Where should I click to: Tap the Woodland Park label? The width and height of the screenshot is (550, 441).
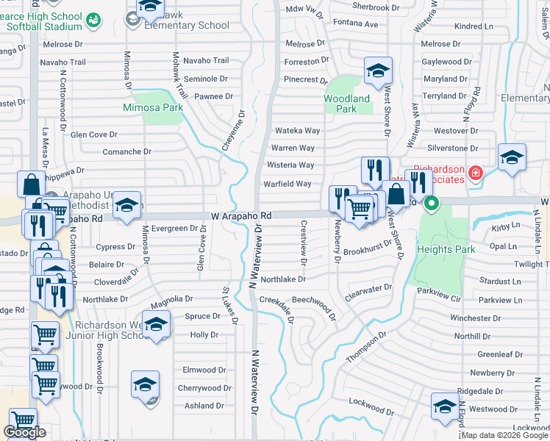click(x=347, y=104)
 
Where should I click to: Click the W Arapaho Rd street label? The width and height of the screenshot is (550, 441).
click(x=241, y=216)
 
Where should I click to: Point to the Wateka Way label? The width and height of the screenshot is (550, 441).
click(x=297, y=131)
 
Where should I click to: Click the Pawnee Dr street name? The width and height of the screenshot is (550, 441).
click(x=214, y=96)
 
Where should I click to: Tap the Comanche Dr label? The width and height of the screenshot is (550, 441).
click(x=126, y=152)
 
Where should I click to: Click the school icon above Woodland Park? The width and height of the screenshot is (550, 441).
click(x=378, y=71)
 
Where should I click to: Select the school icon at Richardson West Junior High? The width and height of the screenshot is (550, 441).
click(x=156, y=323)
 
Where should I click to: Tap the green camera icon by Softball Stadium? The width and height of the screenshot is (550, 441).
click(x=93, y=21)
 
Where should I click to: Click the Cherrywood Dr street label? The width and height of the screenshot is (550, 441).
click(x=204, y=388)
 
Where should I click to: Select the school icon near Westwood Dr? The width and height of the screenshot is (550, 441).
click(x=446, y=406)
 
